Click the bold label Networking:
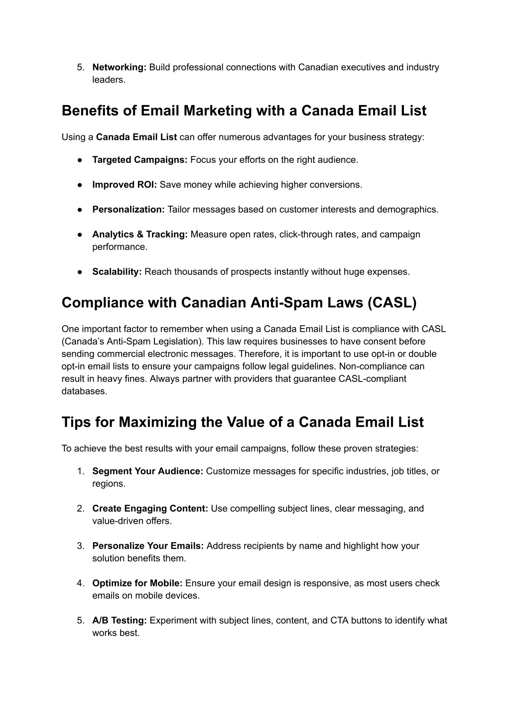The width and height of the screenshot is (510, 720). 119,67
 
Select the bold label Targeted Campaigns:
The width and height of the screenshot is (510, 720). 140,160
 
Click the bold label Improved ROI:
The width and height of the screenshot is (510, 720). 125,185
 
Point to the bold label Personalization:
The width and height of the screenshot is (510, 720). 128,210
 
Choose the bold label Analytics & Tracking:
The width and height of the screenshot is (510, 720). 140,235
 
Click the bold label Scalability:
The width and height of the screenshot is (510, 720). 117,272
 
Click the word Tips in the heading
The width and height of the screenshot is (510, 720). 75,422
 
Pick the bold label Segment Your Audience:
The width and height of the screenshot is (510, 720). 148,471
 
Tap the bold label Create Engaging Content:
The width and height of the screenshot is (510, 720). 150,508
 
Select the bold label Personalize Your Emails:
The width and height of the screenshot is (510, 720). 148,546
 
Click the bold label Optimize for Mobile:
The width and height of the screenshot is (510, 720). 137,583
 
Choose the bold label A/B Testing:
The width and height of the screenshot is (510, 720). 120,620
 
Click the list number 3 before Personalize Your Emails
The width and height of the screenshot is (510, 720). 80,546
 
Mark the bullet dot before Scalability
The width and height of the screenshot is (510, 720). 80,272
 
